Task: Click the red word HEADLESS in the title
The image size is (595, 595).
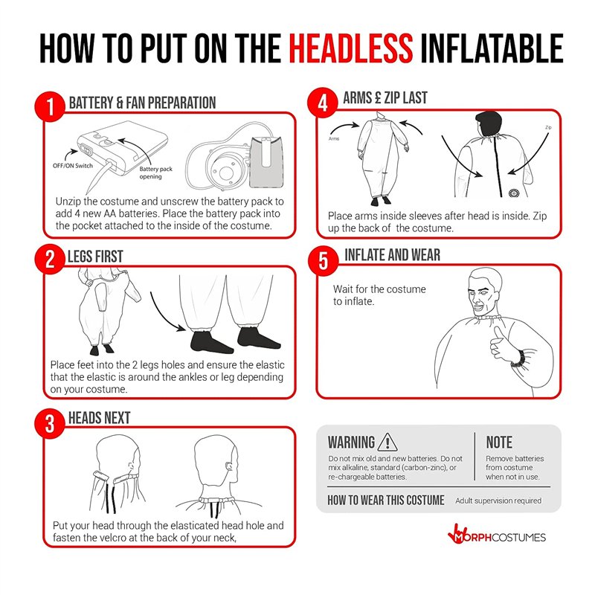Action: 350,48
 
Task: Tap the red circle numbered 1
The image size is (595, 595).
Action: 50,106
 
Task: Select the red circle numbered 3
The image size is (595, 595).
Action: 50,423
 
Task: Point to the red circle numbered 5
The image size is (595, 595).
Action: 323,261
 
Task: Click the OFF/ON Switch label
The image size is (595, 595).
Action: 72,165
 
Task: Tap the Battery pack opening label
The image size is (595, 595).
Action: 155,173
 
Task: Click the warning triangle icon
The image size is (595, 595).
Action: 387,442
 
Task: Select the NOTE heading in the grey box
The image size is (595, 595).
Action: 499,443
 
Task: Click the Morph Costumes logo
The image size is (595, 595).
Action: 496,535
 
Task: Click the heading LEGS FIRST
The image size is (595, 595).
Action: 95,257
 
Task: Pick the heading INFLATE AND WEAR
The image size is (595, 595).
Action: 393,255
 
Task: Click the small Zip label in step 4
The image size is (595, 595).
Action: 548,127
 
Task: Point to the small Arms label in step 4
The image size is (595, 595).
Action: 334,139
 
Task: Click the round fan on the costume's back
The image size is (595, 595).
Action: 513,193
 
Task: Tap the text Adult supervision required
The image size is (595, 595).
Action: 498,501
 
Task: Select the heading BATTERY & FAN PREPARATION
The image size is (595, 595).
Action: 142,103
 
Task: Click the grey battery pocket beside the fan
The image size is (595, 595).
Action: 266,162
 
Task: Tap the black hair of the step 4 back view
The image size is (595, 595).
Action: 489,124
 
